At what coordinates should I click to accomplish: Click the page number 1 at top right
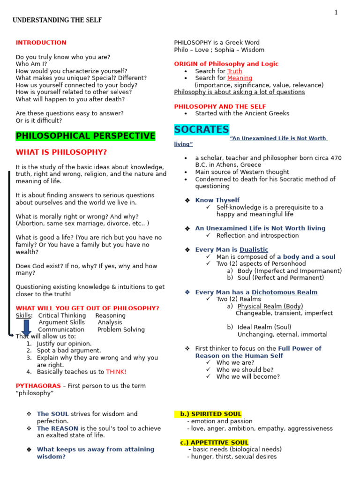(x=336, y=13)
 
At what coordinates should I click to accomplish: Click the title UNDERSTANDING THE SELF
(x=57, y=20)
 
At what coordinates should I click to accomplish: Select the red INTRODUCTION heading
(x=41, y=43)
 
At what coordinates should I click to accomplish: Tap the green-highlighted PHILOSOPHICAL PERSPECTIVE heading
(x=85, y=136)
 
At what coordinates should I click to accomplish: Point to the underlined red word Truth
(x=235, y=71)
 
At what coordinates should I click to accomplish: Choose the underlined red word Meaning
(x=240, y=78)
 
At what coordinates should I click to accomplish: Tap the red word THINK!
(x=116, y=372)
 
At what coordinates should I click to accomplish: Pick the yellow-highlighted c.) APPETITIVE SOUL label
(x=214, y=442)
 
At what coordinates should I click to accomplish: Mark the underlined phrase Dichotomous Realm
(x=285, y=292)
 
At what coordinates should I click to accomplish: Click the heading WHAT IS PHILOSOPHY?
(x=61, y=152)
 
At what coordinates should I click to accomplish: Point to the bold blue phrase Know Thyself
(x=217, y=200)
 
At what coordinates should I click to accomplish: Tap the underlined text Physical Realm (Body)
(x=270, y=306)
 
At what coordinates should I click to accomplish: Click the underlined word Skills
(x=23, y=315)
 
